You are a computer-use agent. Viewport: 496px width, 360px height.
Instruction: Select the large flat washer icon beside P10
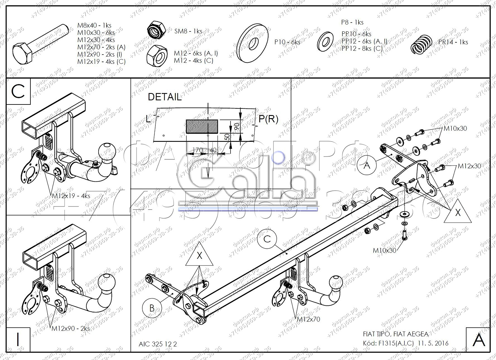253,43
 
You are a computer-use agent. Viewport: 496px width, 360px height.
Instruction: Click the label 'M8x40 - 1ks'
94,25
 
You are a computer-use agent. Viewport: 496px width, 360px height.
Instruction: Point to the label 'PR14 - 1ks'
453,42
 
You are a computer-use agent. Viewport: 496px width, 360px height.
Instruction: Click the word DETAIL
165,97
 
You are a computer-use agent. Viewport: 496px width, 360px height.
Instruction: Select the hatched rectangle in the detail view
202,127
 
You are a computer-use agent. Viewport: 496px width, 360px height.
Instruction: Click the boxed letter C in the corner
18,91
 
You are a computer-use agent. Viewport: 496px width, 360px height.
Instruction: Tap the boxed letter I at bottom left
18,339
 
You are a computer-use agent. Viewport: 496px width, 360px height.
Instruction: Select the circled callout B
152,308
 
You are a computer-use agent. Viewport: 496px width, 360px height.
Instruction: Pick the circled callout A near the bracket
367,165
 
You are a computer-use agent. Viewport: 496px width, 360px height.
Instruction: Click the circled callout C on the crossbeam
268,239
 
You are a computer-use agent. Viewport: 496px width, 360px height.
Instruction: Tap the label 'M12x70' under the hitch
309,319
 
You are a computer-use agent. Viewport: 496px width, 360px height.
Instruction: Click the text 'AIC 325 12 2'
158,344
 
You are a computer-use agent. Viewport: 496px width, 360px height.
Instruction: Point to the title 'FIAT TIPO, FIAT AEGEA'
395,334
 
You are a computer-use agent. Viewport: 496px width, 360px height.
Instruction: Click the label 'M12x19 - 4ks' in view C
71,196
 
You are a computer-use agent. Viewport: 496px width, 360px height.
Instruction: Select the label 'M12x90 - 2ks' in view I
71,329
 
